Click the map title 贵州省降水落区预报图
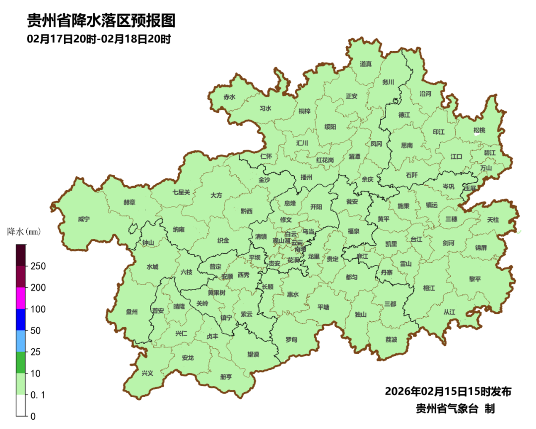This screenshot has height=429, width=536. tap(101, 20)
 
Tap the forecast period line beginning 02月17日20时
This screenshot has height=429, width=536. tap(99, 39)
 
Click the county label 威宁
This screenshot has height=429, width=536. tap(84, 219)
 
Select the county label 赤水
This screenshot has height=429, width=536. tap(229, 97)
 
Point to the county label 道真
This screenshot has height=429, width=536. tap(366, 64)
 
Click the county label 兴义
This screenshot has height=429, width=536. tap(147, 373)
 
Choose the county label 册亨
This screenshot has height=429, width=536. tap(226, 377)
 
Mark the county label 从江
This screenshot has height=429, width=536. tap(449, 312)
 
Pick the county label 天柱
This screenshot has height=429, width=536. tap(493, 219)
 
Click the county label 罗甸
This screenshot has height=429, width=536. tap(291, 340)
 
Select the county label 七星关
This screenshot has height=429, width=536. tap(181, 192)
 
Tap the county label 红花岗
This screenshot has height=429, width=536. tap(325, 160)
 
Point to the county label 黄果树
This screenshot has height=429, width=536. tap(216, 292)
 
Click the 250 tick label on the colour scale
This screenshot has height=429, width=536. tap(38, 266)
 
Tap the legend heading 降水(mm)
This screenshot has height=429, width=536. tap(23, 231)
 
